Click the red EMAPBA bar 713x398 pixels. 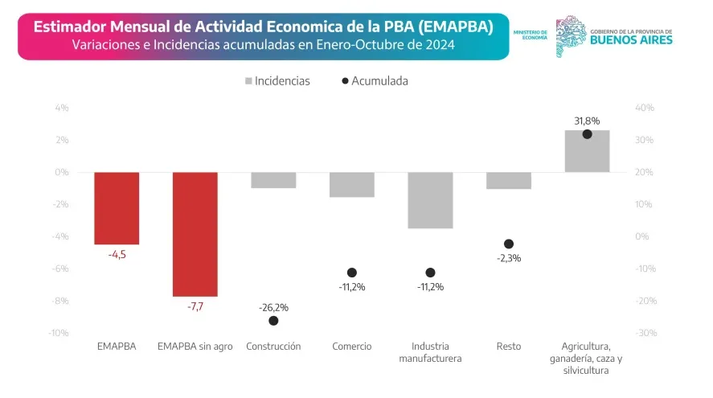[117, 207]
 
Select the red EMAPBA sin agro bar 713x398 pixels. [195, 234]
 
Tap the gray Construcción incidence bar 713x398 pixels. [273, 180]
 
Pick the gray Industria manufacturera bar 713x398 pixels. [430, 200]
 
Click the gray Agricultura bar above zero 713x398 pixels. [587, 151]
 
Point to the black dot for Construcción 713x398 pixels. [273, 321]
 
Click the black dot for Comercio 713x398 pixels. [352, 273]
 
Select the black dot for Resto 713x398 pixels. [509, 244]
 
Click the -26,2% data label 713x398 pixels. [273, 306]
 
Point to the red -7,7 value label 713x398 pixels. [195, 306]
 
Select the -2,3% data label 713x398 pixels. [509, 258]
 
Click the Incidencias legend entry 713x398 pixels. [277, 81]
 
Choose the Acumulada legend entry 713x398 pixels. [375, 81]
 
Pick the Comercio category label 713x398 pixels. [352, 347]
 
